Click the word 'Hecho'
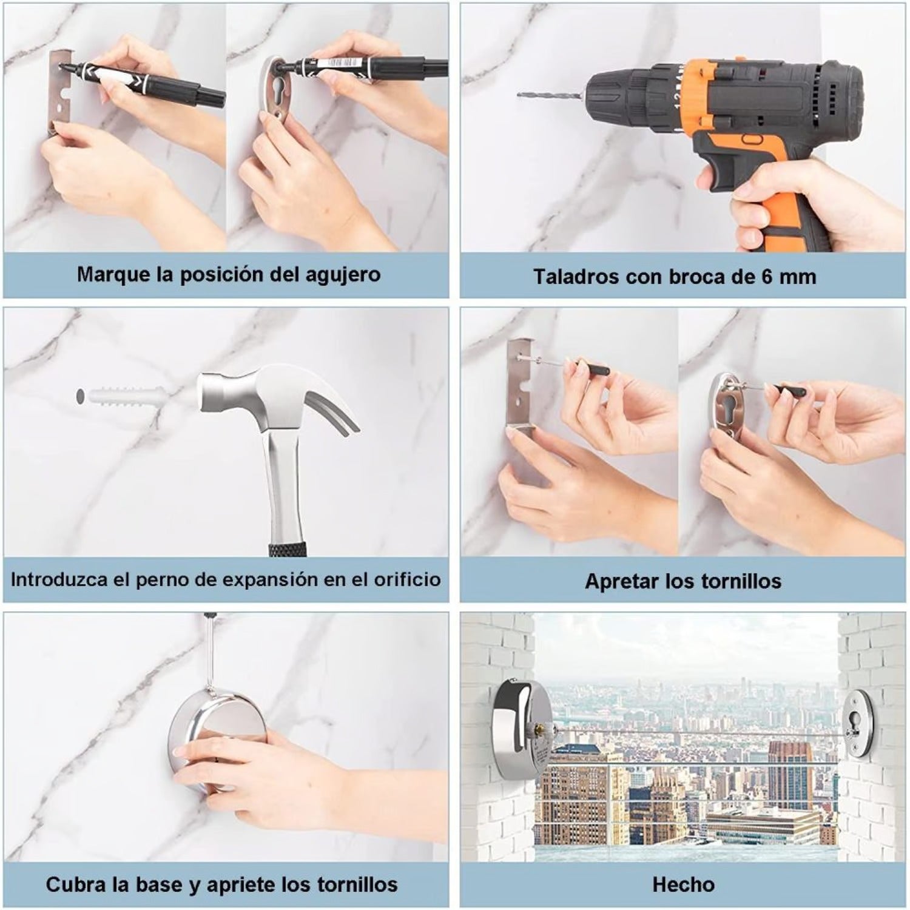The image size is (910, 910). click(x=683, y=884)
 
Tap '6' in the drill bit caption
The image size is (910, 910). click(x=767, y=277)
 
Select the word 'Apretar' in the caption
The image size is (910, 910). click(x=622, y=581)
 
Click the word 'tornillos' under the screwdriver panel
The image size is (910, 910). click(x=741, y=581)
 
